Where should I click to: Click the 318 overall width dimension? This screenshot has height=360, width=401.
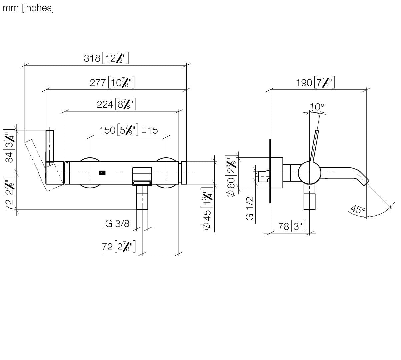coord(92,58)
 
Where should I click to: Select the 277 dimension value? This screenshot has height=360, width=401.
coord(98,83)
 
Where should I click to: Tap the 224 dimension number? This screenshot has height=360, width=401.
coord(105,104)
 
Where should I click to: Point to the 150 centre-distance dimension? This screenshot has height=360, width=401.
coord(107,130)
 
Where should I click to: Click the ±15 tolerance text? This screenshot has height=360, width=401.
coord(150,130)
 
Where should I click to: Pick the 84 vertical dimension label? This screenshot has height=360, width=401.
coord(9,157)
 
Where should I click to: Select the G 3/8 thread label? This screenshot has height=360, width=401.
coord(117,224)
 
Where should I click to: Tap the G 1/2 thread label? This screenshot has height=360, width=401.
coord(250,208)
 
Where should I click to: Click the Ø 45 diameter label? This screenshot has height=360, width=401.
coord(206,220)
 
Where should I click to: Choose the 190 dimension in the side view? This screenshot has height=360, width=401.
coord(304,83)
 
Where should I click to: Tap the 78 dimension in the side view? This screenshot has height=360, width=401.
coord(284,226)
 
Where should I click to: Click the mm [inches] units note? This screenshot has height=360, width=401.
coord(28,8)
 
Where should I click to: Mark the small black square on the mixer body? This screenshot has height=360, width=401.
coord(102,173)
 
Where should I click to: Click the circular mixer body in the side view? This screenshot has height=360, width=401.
coord(309,172)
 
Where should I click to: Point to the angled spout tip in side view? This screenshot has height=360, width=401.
coord(366,182)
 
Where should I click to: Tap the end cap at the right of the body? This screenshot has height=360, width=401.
coord(184,173)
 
